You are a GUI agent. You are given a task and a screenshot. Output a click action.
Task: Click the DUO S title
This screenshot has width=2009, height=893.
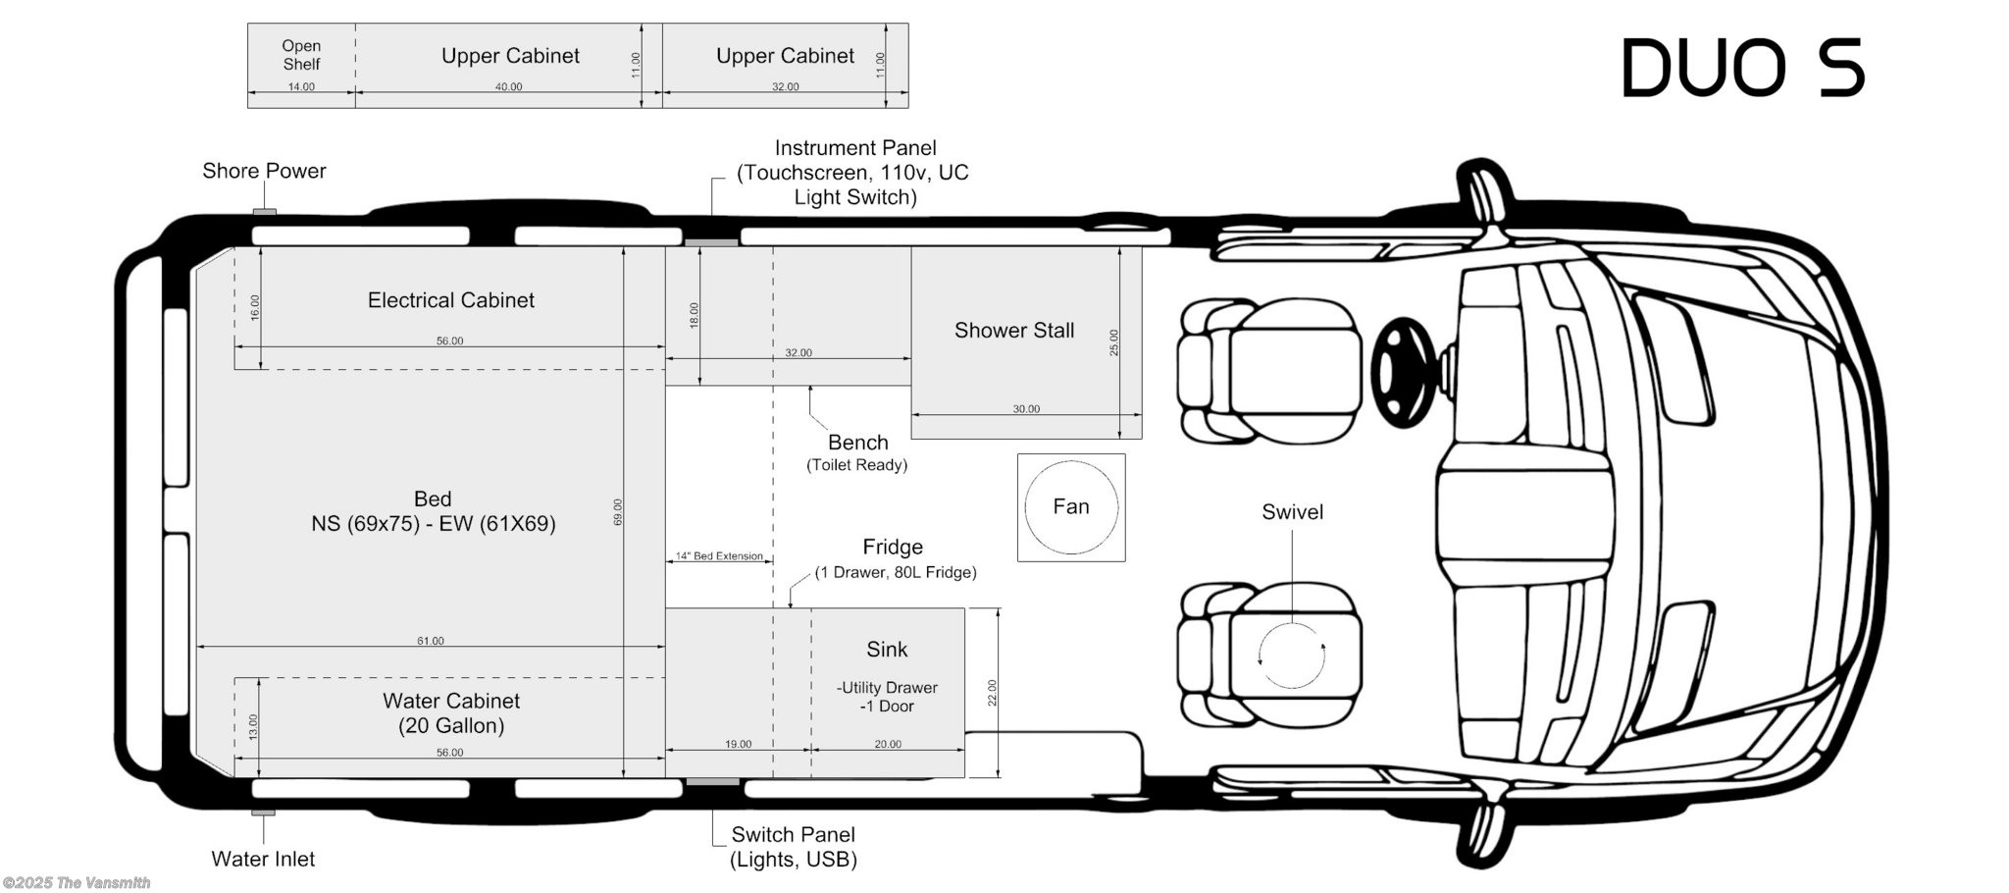[x=1742, y=69]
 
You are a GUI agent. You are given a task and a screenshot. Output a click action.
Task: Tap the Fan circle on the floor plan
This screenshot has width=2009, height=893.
[x=1071, y=507]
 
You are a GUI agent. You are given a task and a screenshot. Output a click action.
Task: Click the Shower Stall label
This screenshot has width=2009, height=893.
[x=1014, y=331]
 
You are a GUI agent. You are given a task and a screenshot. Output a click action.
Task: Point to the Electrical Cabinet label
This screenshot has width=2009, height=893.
[x=451, y=300]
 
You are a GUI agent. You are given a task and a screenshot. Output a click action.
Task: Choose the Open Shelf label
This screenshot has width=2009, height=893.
[x=301, y=55]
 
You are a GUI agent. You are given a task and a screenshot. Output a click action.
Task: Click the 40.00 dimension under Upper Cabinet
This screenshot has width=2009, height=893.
[x=508, y=87]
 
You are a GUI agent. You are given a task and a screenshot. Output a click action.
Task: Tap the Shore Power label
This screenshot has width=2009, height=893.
[x=264, y=171]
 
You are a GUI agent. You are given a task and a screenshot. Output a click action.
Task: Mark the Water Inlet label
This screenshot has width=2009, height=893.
[x=263, y=859]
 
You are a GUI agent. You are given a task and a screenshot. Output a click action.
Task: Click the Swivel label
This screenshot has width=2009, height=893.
[x=1292, y=512]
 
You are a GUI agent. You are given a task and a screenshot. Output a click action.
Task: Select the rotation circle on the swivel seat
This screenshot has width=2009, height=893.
[x=1292, y=656]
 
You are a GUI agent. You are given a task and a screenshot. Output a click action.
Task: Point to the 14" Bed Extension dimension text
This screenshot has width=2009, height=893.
[x=719, y=556]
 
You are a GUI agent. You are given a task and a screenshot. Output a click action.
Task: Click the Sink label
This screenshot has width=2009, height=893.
[x=887, y=650]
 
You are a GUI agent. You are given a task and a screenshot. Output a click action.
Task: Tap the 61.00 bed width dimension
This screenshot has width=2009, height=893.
[x=431, y=641]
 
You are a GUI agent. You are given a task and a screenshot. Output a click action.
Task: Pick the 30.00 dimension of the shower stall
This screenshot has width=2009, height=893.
[x=1026, y=409]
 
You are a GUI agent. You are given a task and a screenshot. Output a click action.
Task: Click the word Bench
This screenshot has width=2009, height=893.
[x=857, y=443]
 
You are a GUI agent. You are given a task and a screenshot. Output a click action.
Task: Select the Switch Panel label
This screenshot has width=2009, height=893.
[x=793, y=835]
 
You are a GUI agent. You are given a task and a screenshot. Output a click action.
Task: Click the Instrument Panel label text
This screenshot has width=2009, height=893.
[x=854, y=148]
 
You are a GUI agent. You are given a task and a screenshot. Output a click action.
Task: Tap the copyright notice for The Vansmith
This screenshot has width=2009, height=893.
[x=77, y=883]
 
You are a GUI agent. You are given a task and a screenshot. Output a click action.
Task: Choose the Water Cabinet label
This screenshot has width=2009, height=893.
[x=451, y=702]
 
